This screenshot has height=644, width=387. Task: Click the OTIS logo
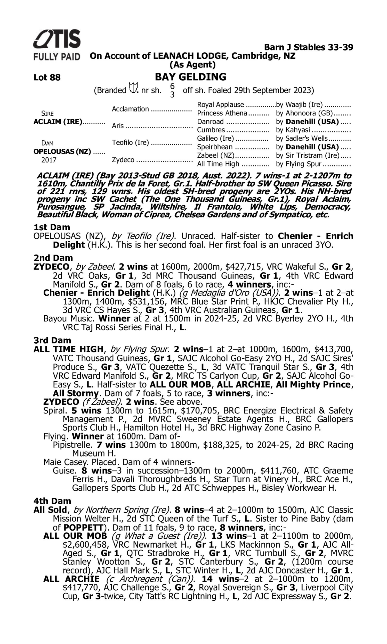pyautogui.click(x=57, y=39)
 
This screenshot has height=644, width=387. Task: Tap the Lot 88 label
pyautogui.click(x=47, y=78)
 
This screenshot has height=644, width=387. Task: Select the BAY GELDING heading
pyautogui.click(x=191, y=77)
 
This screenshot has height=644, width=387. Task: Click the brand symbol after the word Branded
pyautogui.click(x=133, y=88)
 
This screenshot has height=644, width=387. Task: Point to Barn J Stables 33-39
pyautogui.click(x=309, y=47)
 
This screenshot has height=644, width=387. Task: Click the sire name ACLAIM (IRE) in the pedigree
pyautogui.click(x=58, y=122)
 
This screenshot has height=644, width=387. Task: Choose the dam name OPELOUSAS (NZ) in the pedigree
pyautogui.click(x=62, y=151)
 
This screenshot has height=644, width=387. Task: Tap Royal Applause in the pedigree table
pyautogui.click(x=221, y=105)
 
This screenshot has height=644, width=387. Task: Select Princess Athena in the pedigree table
pyautogui.click(x=222, y=113)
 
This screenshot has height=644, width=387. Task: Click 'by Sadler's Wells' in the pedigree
pyautogui.click(x=302, y=139)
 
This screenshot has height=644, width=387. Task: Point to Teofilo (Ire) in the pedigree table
pyautogui.click(x=130, y=143)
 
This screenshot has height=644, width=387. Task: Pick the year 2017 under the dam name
pyautogui.click(x=49, y=160)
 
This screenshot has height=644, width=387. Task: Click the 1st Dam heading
pyautogui.click(x=52, y=227)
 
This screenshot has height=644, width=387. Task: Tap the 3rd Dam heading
pyautogui.click(x=52, y=340)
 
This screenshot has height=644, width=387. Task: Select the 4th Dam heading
pyautogui.click(x=52, y=501)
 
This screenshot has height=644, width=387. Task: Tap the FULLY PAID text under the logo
pyautogui.click(x=57, y=56)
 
